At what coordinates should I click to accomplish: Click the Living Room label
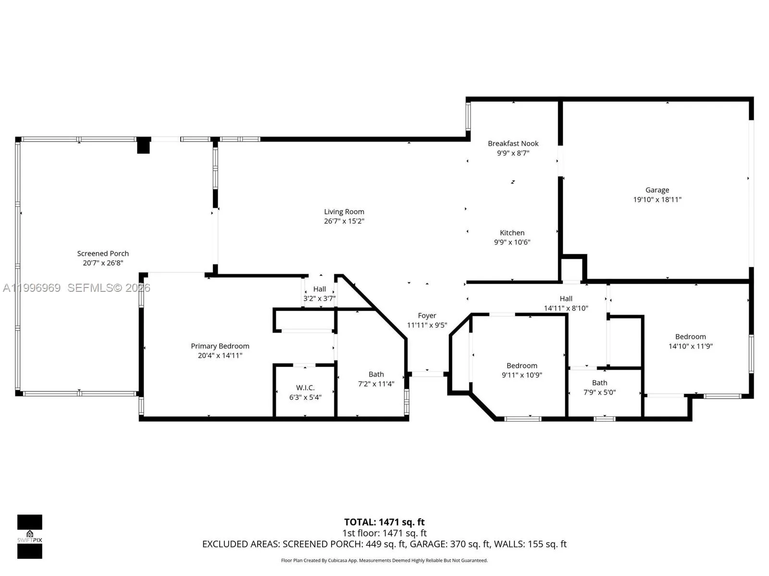[x=344, y=212]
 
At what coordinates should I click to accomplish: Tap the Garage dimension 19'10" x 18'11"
[x=657, y=200]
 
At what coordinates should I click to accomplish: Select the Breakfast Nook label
[x=513, y=144]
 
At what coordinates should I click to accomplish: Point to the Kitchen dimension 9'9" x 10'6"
[x=512, y=242]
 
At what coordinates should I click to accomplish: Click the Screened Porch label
[x=103, y=253]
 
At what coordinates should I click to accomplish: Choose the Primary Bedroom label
[x=220, y=346]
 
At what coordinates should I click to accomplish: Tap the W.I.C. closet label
[x=305, y=388]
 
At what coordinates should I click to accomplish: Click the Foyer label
[x=427, y=316]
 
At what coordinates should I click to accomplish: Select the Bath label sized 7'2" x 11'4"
[x=376, y=374]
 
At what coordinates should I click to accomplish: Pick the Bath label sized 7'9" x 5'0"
[x=599, y=383]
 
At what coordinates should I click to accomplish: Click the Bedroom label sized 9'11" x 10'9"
[x=522, y=366]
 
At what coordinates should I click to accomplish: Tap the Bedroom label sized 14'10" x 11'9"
[x=690, y=337]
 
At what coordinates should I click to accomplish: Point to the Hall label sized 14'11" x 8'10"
[x=566, y=299]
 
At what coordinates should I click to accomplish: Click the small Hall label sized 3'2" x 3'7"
[x=320, y=289]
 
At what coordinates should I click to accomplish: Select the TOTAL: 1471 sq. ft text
[x=384, y=522]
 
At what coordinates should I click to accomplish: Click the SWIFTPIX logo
[x=30, y=536]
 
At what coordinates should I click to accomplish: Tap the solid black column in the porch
[x=143, y=145]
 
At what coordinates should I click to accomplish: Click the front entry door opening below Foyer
[x=428, y=374]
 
